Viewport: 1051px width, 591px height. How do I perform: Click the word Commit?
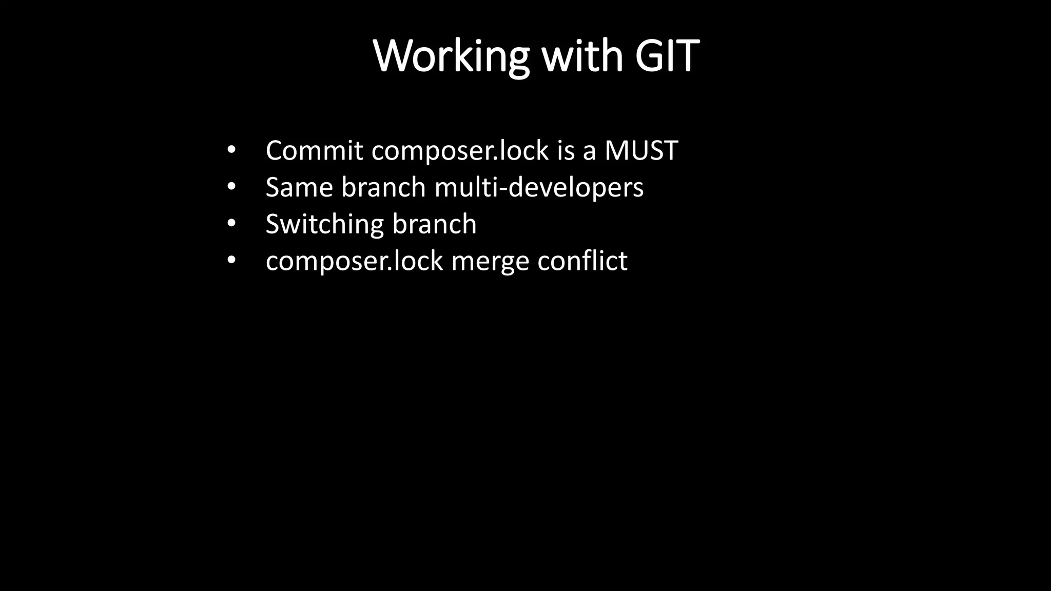point(314,150)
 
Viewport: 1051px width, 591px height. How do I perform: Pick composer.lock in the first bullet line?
point(460,151)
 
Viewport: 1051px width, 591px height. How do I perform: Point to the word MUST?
point(641,150)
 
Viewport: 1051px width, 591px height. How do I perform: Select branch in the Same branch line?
point(383,187)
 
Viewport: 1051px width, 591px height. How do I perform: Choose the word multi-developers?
point(539,188)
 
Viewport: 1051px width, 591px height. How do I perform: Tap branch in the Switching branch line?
point(434,224)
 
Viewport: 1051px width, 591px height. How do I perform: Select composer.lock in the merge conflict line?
point(354,262)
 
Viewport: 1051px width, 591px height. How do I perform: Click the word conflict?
point(582,261)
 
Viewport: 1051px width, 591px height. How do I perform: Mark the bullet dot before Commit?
point(231,150)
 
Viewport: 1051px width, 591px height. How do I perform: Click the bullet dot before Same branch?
point(231,187)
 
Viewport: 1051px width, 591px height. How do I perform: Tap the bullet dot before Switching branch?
point(231,224)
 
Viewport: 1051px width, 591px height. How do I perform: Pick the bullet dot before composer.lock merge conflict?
point(231,261)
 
